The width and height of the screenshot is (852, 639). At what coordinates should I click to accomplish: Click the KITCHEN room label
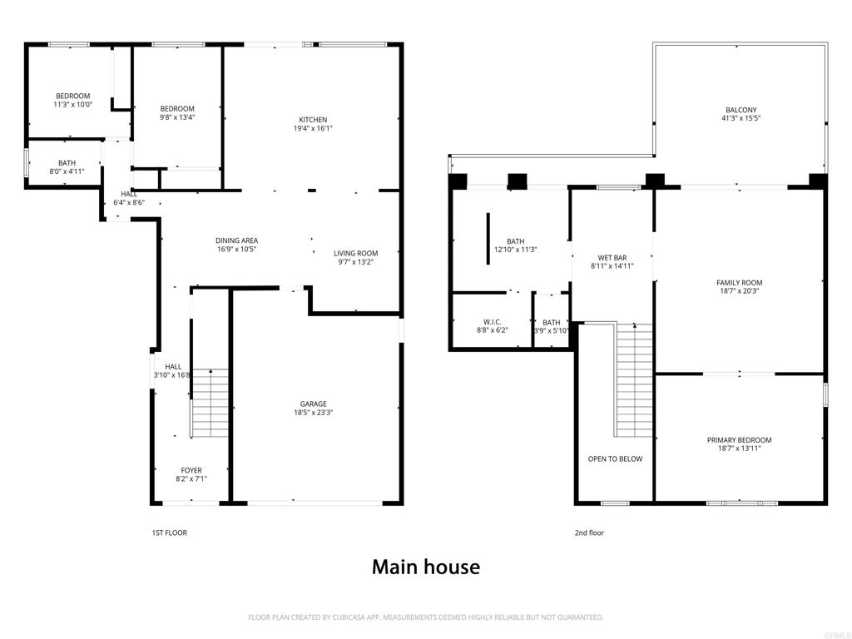(x=313, y=120)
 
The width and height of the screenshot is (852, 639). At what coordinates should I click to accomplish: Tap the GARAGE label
(x=314, y=404)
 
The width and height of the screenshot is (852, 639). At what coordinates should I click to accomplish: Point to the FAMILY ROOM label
(x=740, y=283)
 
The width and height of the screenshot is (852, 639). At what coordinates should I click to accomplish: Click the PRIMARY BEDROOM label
(x=740, y=440)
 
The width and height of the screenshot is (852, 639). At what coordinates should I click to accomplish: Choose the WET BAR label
(x=612, y=258)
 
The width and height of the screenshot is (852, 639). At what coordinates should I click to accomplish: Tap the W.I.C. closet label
(x=493, y=322)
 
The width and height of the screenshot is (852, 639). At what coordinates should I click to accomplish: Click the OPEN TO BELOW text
(x=615, y=459)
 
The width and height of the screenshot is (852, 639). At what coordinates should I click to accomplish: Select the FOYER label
(x=191, y=471)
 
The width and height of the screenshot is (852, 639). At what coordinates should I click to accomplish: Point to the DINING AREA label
(x=237, y=240)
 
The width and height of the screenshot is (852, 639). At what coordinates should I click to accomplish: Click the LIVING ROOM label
(x=356, y=253)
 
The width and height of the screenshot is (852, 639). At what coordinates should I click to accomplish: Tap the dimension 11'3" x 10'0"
(x=73, y=104)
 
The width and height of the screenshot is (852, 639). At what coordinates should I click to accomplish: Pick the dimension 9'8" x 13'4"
(x=177, y=116)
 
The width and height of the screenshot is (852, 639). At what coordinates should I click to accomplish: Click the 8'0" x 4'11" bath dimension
(x=67, y=171)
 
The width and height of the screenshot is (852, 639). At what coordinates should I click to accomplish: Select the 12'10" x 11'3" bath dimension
(x=516, y=250)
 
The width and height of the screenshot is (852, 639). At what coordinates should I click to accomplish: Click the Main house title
(x=426, y=567)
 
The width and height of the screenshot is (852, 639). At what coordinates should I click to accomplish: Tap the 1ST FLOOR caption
(x=170, y=533)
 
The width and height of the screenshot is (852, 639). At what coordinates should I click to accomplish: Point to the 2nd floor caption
(x=590, y=533)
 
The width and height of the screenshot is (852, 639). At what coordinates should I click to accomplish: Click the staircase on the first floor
(x=210, y=404)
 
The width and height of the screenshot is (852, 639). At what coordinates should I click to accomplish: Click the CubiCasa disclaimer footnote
(x=426, y=617)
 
